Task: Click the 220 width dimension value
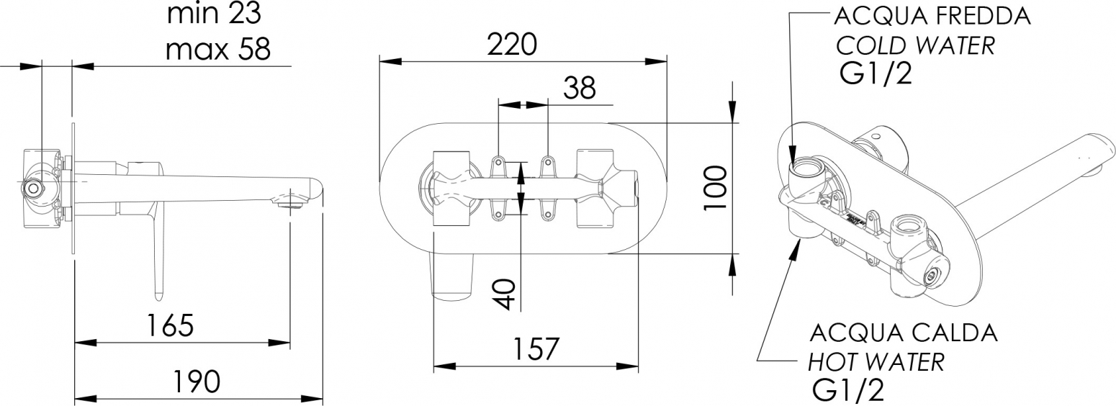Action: click(x=512, y=44)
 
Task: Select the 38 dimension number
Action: click(x=580, y=88)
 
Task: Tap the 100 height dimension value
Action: click(x=716, y=188)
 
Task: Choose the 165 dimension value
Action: click(x=170, y=325)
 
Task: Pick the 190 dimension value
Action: click(x=197, y=382)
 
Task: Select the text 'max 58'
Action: click(x=218, y=50)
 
